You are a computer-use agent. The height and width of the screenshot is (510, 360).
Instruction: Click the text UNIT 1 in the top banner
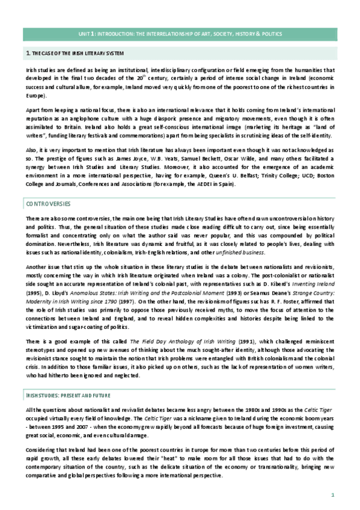coord(87,35)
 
